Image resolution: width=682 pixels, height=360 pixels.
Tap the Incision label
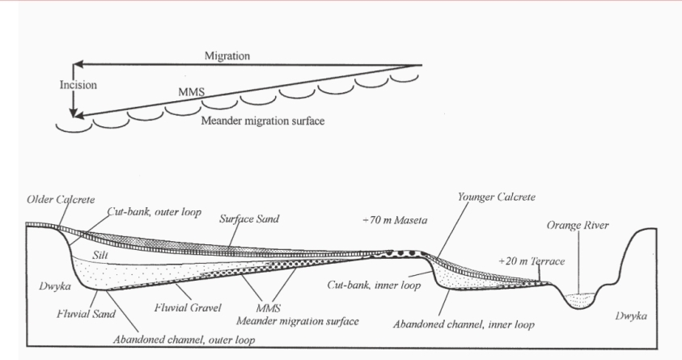point(78,83)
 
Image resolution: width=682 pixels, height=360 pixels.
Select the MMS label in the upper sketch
point(191,94)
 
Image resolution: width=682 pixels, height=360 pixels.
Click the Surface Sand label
point(252,219)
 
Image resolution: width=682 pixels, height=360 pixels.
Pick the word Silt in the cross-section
point(101,254)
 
